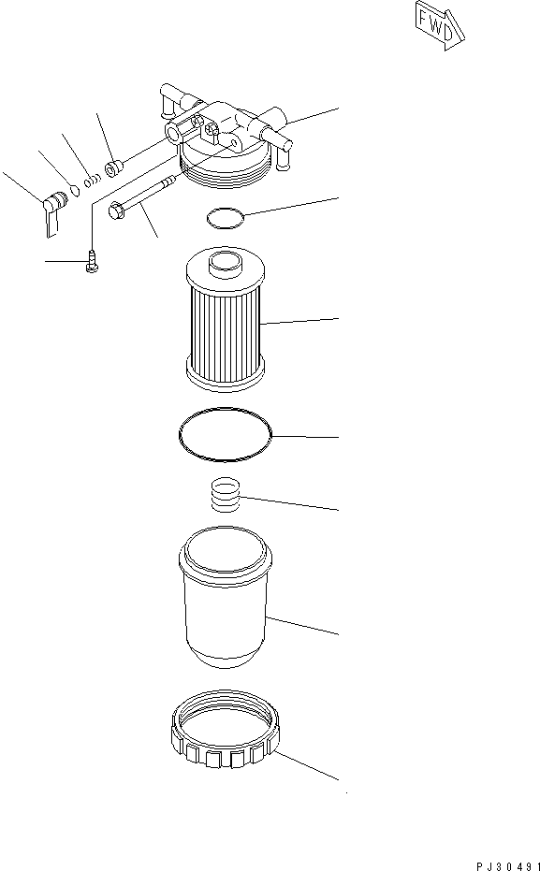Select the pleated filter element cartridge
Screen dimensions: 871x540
[225, 323]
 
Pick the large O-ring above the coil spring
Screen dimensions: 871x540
[225, 435]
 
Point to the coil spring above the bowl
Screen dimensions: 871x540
[225, 494]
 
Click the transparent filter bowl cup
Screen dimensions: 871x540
[225, 599]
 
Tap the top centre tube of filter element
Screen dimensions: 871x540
[225, 264]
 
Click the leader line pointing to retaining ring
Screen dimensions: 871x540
[309, 763]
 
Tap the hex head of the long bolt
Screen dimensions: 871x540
[117, 211]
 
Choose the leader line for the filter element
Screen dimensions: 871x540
[299, 322]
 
